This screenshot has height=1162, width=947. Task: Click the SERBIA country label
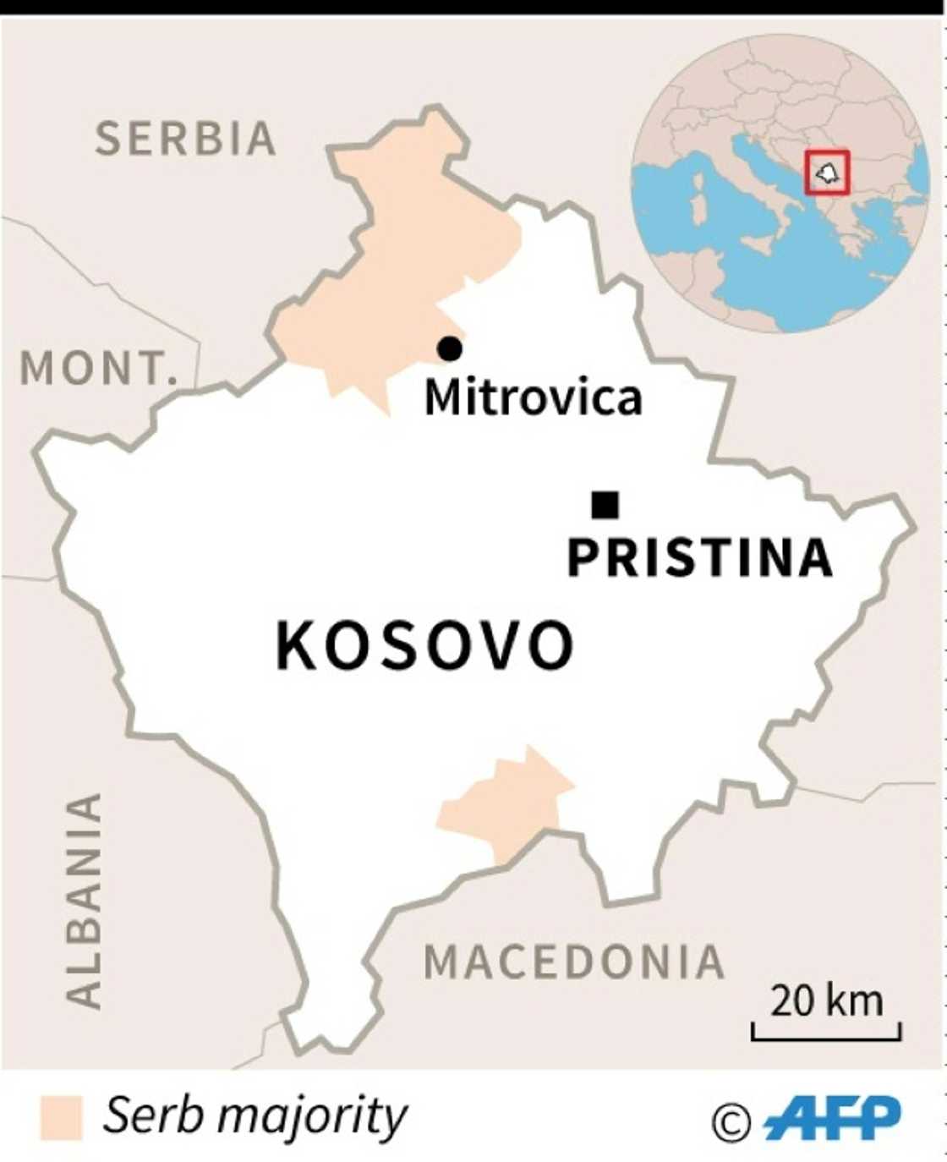[x=185, y=139]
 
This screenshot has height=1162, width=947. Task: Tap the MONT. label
[x=96, y=368]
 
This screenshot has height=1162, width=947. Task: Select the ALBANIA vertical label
[x=85, y=901]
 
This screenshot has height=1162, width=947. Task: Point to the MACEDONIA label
[x=574, y=962]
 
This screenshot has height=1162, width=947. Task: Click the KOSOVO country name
[x=425, y=646]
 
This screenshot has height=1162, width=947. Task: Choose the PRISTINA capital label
[x=700, y=558]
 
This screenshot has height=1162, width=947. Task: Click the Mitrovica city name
[x=533, y=397]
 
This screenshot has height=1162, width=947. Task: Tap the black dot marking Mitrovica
[x=449, y=348]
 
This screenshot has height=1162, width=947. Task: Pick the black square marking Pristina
[x=605, y=505]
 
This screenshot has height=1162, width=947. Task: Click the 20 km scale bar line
[x=826, y=1036]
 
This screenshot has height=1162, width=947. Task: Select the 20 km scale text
[x=826, y=1001]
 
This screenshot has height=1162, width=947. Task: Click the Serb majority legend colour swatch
[x=61, y=1117]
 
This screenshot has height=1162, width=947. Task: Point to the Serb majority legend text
[x=255, y=1116]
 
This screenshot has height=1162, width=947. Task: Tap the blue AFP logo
[x=833, y=1118]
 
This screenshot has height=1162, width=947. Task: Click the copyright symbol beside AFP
[x=731, y=1122]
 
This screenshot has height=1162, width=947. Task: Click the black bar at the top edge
[x=473, y=7]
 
